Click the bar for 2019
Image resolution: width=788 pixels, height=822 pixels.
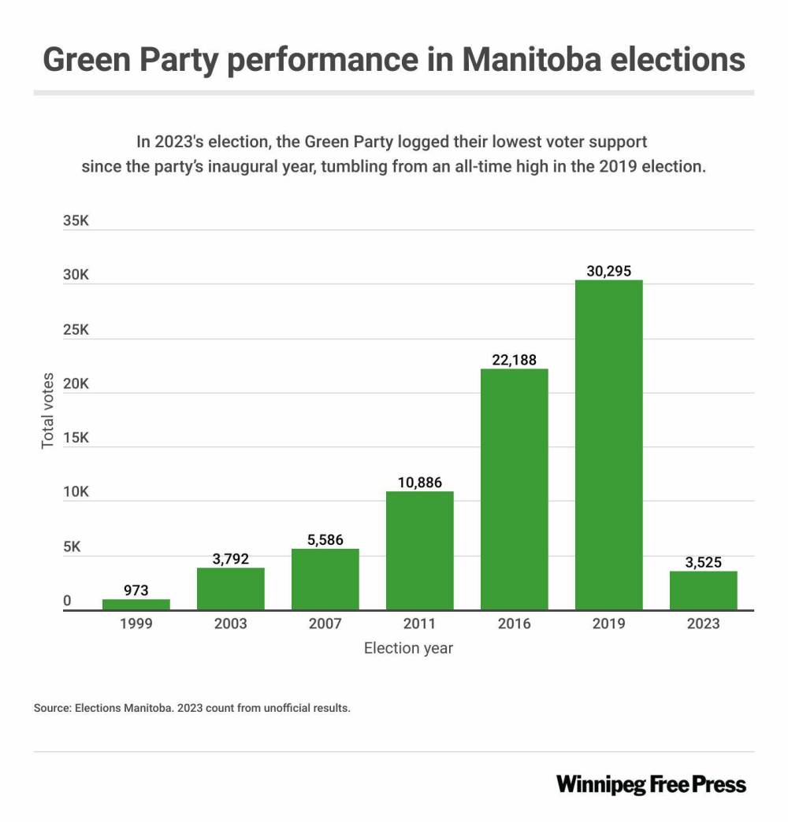pyautogui.click(x=608, y=445)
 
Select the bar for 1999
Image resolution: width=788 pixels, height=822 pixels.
pyautogui.click(x=136, y=605)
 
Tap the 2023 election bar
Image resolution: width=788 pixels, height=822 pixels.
pyautogui.click(x=703, y=591)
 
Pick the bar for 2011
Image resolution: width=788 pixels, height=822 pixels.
pyautogui.click(x=419, y=550)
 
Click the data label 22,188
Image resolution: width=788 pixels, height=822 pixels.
pyautogui.click(x=514, y=360)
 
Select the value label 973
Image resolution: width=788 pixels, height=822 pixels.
pyautogui.click(x=136, y=590)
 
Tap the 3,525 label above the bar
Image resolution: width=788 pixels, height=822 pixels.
pyautogui.click(x=703, y=562)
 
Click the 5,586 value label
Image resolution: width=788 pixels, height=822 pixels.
pyautogui.click(x=325, y=540)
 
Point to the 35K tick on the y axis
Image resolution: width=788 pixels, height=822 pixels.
pyautogui.click(x=76, y=221)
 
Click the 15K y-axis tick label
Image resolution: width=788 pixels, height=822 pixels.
pyautogui.click(x=76, y=439)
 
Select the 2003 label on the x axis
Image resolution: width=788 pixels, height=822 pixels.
pyautogui.click(x=231, y=624)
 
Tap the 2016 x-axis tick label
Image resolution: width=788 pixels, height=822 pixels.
pyautogui.click(x=514, y=624)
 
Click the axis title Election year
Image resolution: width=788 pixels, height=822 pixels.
pyautogui.click(x=408, y=649)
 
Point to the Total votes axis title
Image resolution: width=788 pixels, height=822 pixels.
pyautogui.click(x=49, y=410)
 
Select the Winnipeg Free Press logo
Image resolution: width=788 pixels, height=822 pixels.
pyautogui.click(x=651, y=784)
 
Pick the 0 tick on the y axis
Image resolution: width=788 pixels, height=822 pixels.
pyautogui.click(x=68, y=601)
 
